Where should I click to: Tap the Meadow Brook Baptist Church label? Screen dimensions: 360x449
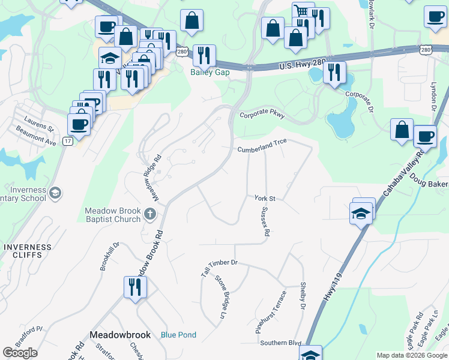112,215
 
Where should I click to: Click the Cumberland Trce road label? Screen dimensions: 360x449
262,145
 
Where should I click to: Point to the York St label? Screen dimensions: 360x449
264,198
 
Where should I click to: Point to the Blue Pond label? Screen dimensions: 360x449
178,335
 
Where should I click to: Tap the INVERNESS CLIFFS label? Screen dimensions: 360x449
22,251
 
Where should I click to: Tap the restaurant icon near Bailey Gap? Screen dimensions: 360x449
204,56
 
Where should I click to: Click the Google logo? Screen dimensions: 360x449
20,352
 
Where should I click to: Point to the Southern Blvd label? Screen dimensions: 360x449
280,343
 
